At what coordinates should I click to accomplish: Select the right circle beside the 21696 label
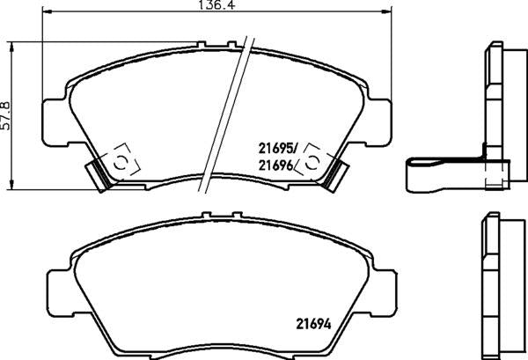(312, 163)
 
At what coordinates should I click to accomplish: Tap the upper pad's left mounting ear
(55, 114)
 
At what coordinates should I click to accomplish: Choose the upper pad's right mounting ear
(380, 114)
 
